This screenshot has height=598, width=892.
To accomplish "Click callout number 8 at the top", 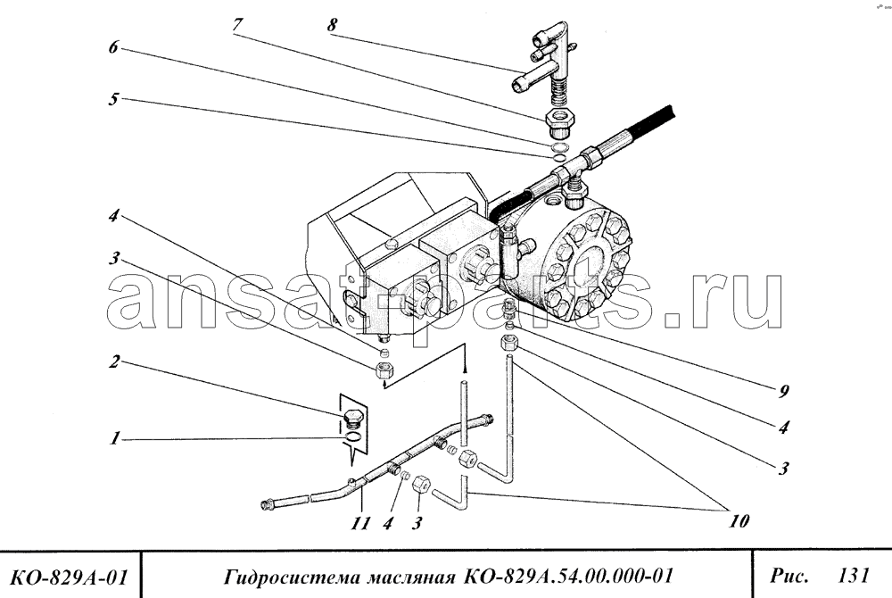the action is tap(332, 24).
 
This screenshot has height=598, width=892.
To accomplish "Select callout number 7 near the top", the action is tap(237, 25).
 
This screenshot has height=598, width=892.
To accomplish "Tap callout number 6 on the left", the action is tap(114, 46).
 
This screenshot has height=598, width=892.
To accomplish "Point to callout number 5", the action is tap(114, 99).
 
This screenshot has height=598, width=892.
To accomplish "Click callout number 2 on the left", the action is tap(115, 361).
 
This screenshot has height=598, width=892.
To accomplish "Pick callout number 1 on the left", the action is tap(115, 438).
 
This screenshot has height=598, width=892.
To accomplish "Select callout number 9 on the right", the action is tap(784, 391).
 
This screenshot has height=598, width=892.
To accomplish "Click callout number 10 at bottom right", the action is tap(739, 520).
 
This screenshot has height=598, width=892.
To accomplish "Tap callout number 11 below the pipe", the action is tap(360, 523).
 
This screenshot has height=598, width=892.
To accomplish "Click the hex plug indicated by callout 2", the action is tap(354, 419).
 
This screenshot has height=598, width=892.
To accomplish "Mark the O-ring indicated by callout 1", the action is tap(352, 436).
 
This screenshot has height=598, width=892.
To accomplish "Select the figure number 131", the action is tap(854, 576).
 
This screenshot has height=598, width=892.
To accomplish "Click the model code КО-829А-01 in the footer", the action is tap(69, 577).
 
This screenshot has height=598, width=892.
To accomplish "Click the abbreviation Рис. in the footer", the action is tap(789, 576).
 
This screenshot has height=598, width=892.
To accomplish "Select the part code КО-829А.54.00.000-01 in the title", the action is tap(568, 577).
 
